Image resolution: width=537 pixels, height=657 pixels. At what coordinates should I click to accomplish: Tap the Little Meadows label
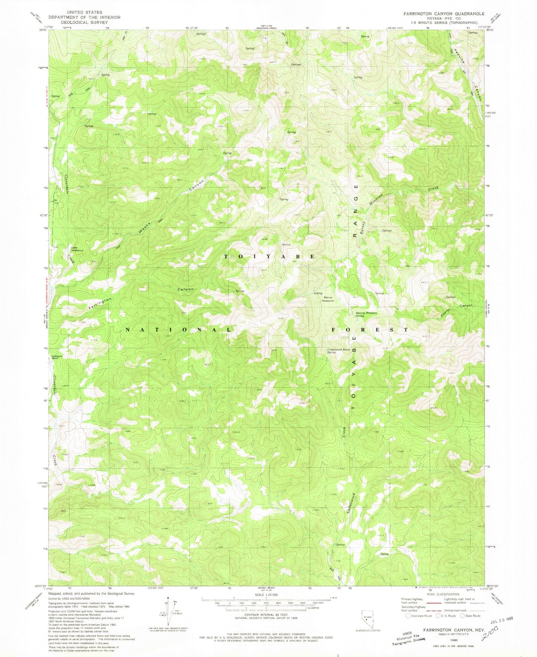pyautogui.click(x=77, y=249)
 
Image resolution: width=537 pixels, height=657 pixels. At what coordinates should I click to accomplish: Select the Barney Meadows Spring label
pyautogui.click(x=366, y=314)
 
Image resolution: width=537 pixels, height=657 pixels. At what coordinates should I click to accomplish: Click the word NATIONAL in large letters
pyautogui.click(x=178, y=330)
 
